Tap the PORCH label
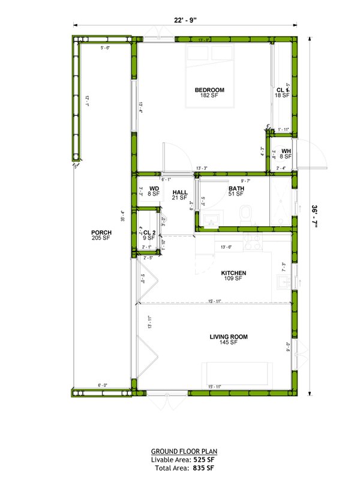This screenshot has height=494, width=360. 101,233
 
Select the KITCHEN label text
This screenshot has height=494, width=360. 233,273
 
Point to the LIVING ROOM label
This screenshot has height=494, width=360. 229,337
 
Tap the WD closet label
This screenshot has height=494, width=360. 154,189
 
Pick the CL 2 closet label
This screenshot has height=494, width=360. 149,233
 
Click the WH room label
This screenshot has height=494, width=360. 286,151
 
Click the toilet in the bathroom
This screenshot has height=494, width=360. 245,215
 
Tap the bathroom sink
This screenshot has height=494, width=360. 210,221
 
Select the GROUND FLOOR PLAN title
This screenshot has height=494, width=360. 184,451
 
